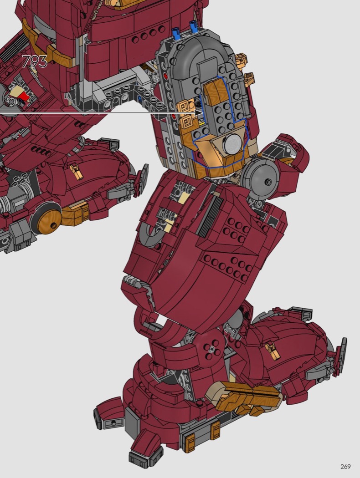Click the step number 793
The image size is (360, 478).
35,61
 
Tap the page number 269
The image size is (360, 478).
345,467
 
